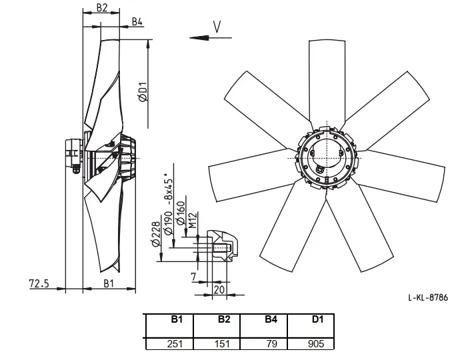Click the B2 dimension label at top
tap(101, 8)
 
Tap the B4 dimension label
tap(137, 22)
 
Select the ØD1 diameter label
tap(143, 91)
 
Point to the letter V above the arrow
tap(217, 27)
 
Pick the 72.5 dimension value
tap(39, 283)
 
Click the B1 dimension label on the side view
tap(109, 283)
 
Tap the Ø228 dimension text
tap(156, 235)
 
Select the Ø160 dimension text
tap(181, 213)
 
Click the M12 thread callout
tap(193, 220)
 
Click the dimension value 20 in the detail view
tap(219, 289)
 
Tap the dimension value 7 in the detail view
tap(194, 277)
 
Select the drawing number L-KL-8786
tap(428, 297)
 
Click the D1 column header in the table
tap(317, 319)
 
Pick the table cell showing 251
tap(175, 344)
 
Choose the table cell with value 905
tap(316, 344)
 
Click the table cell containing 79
tap(272, 344)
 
